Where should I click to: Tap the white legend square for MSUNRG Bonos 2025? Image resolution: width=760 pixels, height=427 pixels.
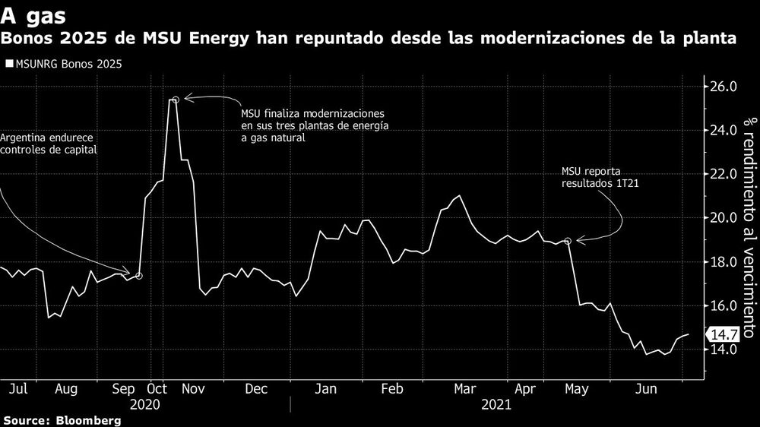pyautogui.click(x=9, y=65)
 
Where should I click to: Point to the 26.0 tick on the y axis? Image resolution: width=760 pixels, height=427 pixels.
pyautogui.click(x=724, y=87)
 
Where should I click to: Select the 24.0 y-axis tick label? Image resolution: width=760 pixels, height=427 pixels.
pyautogui.click(x=724, y=131)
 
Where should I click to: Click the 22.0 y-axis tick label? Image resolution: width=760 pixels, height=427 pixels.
pyautogui.click(x=724, y=175)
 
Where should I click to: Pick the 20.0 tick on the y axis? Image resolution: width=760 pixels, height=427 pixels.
pyautogui.click(x=724, y=219)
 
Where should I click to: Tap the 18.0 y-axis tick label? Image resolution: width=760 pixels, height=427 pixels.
pyautogui.click(x=724, y=263)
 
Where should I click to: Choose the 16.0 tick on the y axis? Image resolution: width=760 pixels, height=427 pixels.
pyautogui.click(x=724, y=306)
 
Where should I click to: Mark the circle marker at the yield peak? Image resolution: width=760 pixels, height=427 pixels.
pyautogui.click(x=176, y=100)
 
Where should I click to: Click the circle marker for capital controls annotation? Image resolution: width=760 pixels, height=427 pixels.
pyautogui.click(x=138, y=275)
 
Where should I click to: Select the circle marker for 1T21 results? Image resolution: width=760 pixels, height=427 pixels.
pyautogui.click(x=568, y=241)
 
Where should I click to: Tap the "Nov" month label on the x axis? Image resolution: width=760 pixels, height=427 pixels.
pyautogui.click(x=194, y=389)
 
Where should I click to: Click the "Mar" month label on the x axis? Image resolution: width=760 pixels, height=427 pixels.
pyautogui.click(x=465, y=389)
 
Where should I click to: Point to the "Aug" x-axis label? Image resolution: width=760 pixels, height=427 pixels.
pyautogui.click(x=67, y=389)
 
